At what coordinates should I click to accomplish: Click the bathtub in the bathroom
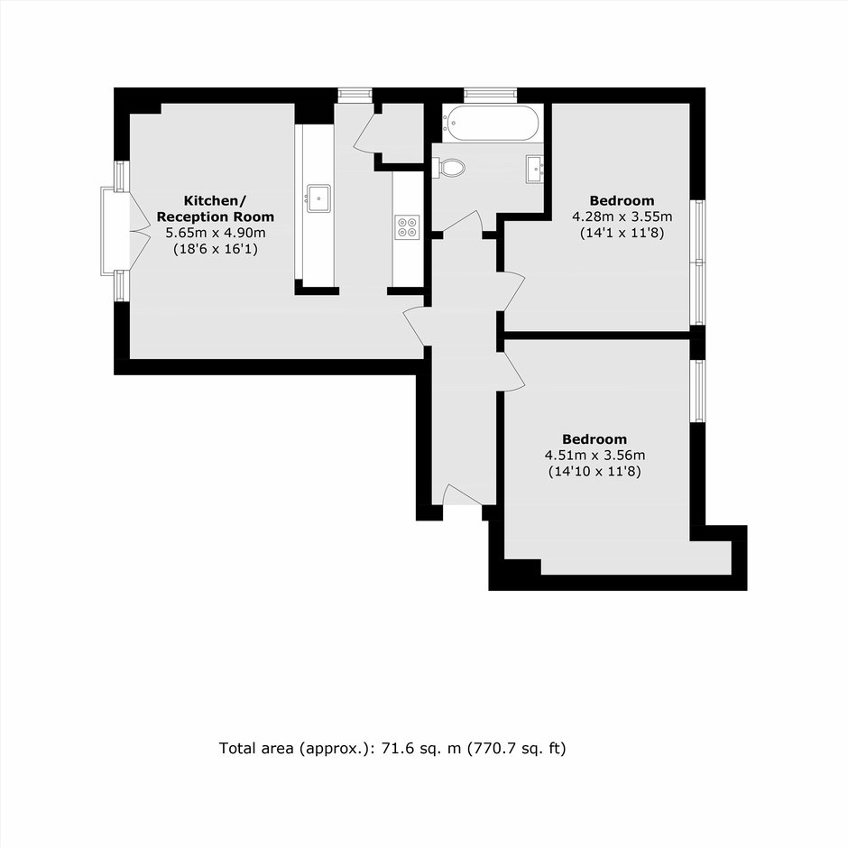click(491, 123)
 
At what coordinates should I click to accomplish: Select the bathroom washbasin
click(534, 169)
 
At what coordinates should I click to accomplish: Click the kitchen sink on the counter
click(319, 198)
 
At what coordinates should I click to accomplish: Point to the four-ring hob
click(407, 227)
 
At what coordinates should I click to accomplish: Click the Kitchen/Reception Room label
click(216, 208)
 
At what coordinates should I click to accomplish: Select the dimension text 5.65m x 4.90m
click(216, 233)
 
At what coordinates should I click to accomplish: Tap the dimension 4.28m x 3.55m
click(622, 217)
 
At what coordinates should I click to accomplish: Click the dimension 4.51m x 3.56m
click(595, 456)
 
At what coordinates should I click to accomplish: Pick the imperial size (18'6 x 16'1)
click(216, 249)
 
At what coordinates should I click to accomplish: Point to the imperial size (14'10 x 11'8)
click(595, 472)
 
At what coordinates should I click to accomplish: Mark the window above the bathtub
click(490, 96)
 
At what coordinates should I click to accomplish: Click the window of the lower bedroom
click(698, 391)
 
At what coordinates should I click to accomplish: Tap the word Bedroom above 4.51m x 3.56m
click(595, 439)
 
